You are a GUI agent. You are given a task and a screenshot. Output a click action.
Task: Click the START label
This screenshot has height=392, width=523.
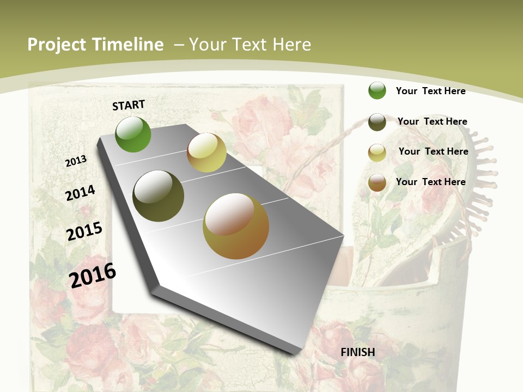(x=129, y=105)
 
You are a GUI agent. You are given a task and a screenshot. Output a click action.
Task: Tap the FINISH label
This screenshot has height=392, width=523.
(x=358, y=352)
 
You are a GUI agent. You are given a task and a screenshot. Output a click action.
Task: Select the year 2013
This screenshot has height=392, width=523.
(x=76, y=161)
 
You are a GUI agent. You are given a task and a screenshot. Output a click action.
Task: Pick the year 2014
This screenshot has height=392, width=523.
(x=81, y=193)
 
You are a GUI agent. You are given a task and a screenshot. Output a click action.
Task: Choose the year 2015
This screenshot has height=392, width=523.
(x=84, y=231)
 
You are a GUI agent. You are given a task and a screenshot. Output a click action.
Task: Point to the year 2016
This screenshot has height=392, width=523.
(x=93, y=275)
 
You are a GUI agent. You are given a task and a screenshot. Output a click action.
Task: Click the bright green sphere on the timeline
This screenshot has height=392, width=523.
(x=133, y=134)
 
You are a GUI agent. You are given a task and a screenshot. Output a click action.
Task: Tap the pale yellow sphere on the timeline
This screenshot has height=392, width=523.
(x=206, y=152)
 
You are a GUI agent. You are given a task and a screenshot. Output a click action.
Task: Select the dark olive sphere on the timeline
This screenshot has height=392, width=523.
(x=159, y=196)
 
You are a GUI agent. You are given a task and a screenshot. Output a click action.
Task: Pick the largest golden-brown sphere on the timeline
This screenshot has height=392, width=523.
(x=236, y=226)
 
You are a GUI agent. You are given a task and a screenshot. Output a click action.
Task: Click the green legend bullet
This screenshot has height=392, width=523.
(x=377, y=90)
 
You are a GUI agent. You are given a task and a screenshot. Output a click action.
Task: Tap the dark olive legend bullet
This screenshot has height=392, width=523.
(x=377, y=122)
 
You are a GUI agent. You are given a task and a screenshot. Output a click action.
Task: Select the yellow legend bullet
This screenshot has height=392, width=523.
(x=377, y=152)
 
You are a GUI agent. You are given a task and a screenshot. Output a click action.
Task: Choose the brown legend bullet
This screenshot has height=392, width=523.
(x=377, y=182)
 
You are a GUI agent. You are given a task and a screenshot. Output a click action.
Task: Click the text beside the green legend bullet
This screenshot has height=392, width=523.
(x=430, y=91)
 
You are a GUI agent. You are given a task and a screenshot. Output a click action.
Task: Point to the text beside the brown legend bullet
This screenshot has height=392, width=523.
(x=430, y=182)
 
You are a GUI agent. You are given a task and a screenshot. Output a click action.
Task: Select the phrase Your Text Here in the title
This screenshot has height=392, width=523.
(x=250, y=45)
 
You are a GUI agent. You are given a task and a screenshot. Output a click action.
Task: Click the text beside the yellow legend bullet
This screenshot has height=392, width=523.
(x=433, y=151)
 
